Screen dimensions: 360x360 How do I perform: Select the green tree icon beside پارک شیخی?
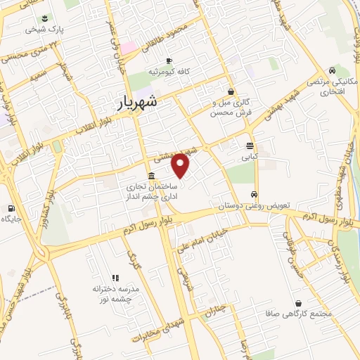click(45, 18)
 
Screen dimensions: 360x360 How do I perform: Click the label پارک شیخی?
click(41, 30)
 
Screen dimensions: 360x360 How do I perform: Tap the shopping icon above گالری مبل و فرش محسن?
click(231, 91)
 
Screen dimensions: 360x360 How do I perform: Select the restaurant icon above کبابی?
click(250, 146)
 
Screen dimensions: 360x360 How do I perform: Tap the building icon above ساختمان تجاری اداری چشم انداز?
click(151, 176)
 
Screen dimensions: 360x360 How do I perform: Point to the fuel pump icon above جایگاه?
click(11, 208)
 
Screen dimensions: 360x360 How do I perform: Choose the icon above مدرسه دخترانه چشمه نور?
click(116, 278)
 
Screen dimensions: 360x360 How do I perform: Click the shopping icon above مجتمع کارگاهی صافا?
click(299, 303)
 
